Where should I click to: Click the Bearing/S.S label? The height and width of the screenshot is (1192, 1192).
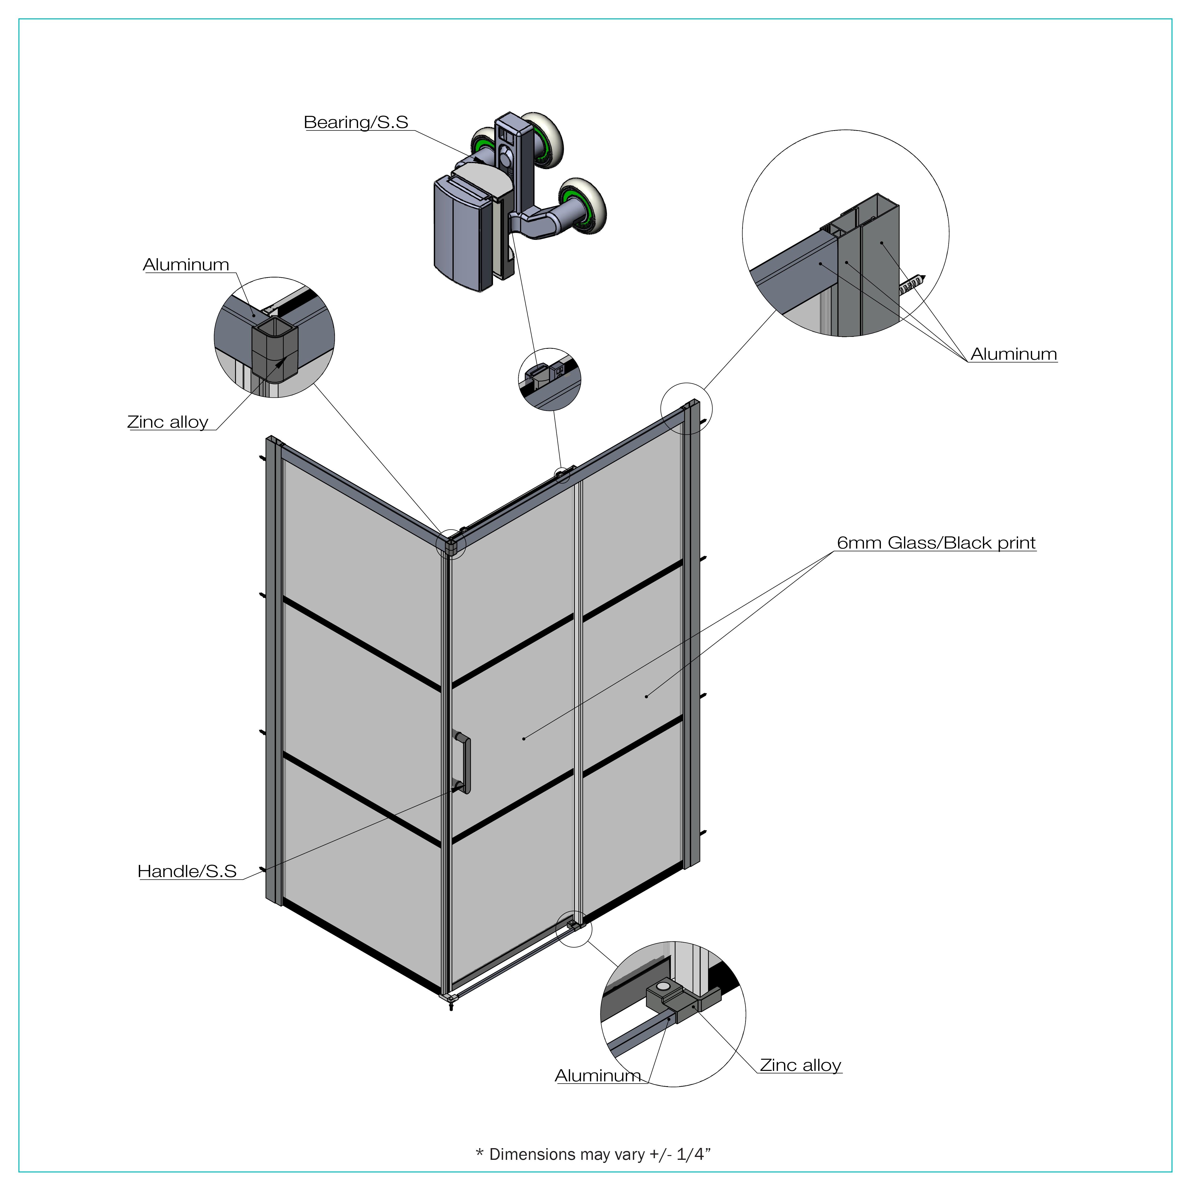click(x=356, y=122)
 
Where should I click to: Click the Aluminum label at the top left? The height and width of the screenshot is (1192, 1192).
click(x=186, y=265)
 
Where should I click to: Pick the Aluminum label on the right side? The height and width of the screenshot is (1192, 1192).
click(x=1013, y=354)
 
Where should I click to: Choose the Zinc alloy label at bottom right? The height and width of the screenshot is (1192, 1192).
click(x=800, y=1065)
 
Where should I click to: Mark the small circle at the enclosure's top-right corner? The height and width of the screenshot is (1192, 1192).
click(x=686, y=408)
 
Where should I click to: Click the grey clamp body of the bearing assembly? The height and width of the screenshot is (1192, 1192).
click(x=464, y=231)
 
